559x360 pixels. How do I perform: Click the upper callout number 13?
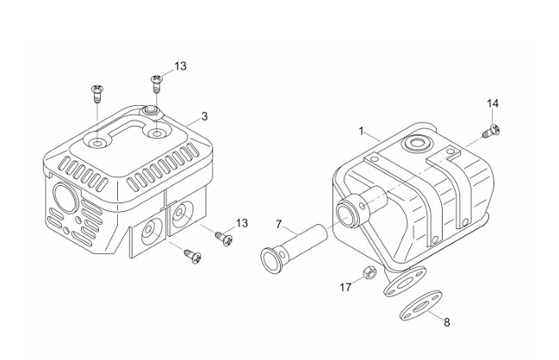click(180, 66)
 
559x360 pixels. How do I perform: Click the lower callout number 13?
click(242, 223)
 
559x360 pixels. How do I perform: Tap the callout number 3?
click(204, 116)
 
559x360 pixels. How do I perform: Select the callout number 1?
click(361, 131)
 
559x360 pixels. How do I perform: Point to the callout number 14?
click(493, 103)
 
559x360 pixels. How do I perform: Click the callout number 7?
click(279, 225)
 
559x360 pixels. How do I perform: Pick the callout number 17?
click(345, 288)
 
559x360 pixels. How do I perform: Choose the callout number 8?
click(447, 322)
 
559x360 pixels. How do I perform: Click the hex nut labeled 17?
click(370, 273)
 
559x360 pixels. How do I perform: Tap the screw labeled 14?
click(491, 130)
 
